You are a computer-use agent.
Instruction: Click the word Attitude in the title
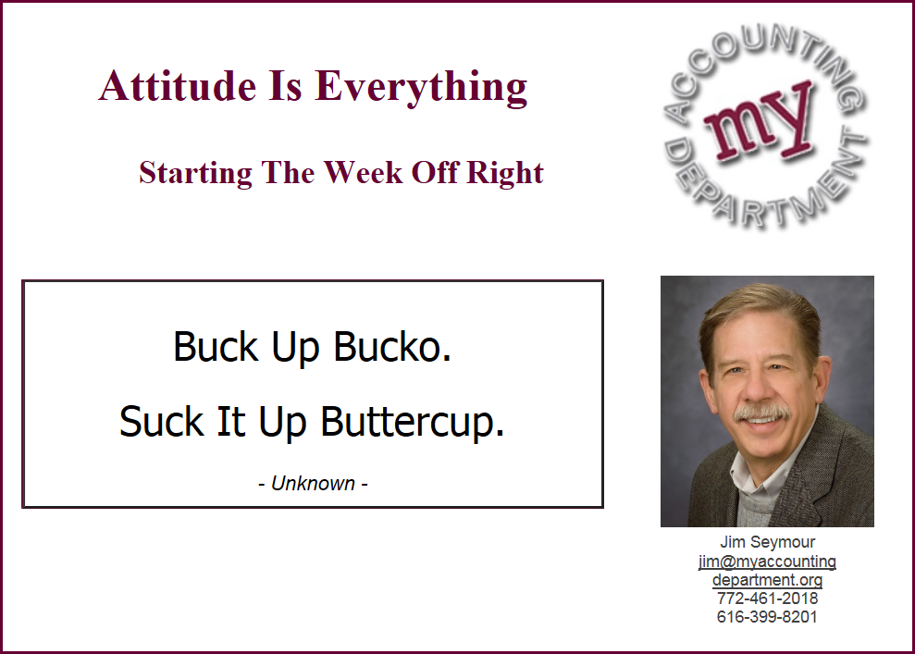coord(178,86)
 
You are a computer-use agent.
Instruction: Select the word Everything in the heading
coord(421,88)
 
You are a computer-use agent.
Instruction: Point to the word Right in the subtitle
coord(505,173)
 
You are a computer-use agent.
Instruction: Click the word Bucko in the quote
coord(392,347)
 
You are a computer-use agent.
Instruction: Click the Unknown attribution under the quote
coord(313,484)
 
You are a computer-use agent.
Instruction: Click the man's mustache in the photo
coord(762,413)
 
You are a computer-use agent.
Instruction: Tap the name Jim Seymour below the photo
coord(767,542)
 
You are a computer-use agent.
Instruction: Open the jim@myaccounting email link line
coord(767,561)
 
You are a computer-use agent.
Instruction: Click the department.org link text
coord(767,580)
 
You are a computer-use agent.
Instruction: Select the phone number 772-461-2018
coord(767,598)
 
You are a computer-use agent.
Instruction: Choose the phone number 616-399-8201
coord(767,617)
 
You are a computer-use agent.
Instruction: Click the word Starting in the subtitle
coord(195,173)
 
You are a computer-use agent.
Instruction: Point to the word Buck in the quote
coord(216,347)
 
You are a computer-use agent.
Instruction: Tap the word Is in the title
coord(285,86)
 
